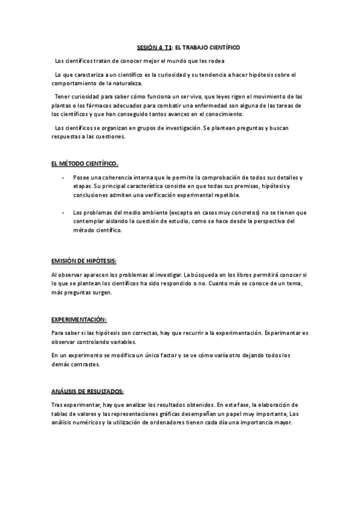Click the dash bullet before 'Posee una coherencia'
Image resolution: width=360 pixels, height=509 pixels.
click(x=63, y=178)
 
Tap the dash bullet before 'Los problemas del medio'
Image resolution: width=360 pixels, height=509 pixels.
click(x=63, y=212)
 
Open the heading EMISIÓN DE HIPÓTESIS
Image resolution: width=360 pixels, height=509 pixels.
click(x=84, y=261)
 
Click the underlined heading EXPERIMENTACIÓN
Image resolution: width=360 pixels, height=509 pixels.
click(x=79, y=319)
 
